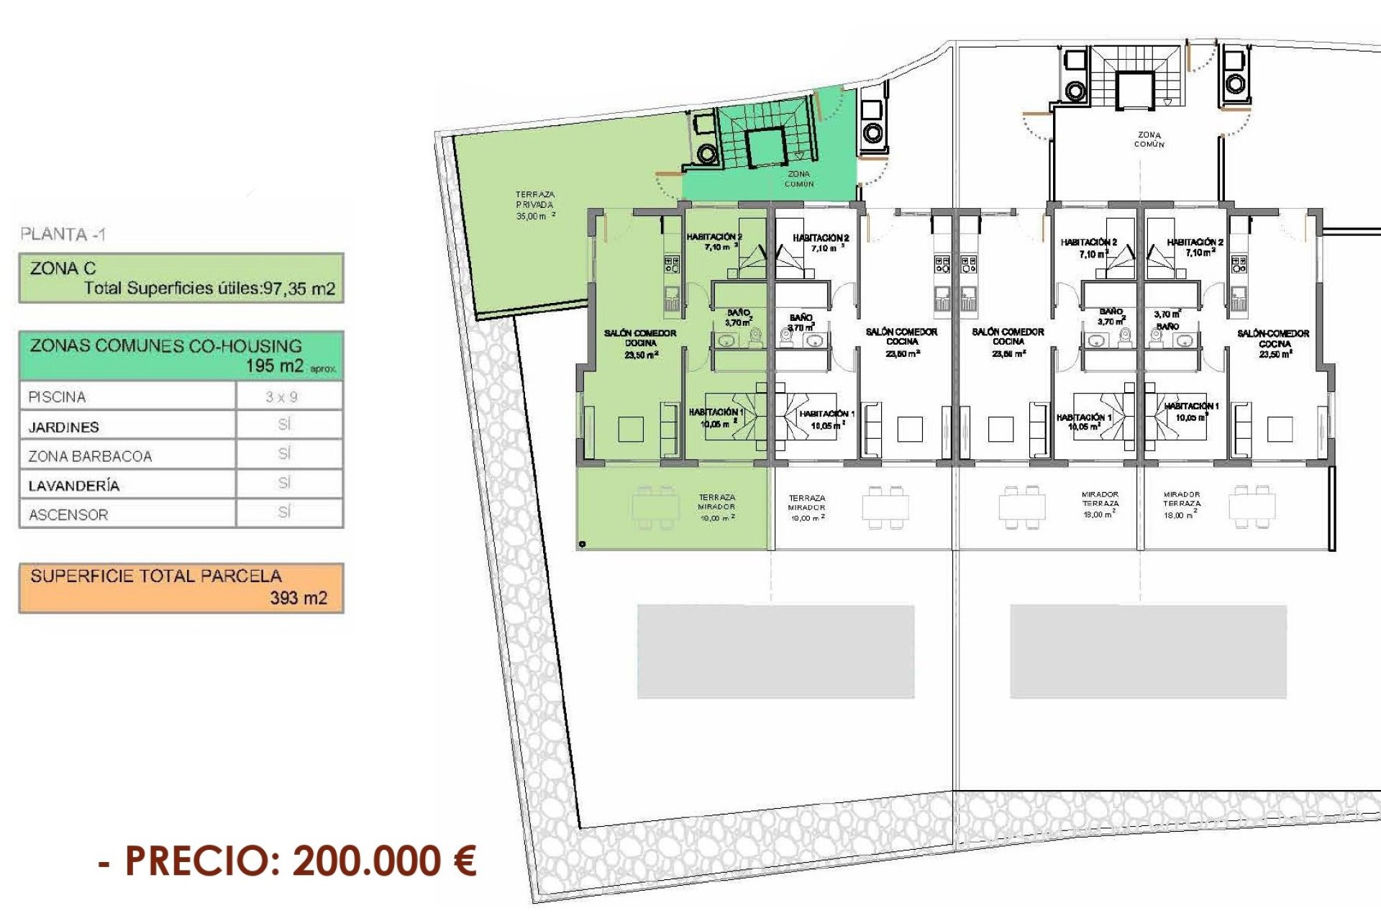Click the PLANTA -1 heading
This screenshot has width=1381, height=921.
tap(63, 234)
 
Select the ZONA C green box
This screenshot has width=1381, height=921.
tap(181, 278)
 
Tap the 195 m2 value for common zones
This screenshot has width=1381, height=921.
tap(275, 366)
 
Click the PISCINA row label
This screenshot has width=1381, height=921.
tap(57, 396)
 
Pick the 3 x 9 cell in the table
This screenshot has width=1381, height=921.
tap(281, 396)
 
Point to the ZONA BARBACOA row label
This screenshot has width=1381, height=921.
tap(90, 456)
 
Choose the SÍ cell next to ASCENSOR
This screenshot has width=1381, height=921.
tap(284, 512)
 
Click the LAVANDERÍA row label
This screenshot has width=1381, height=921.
tap(74, 486)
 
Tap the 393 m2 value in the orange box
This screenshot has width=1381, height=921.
tap(298, 598)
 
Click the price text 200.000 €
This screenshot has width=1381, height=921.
tap(385, 861)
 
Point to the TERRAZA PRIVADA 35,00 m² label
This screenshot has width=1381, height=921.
tap(535, 205)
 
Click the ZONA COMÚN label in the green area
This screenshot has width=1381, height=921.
tap(798, 178)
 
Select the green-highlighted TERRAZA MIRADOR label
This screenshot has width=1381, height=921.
tap(716, 507)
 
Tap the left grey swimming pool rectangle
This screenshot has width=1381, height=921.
tap(775, 651)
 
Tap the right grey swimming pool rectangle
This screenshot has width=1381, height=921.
tap(1148, 651)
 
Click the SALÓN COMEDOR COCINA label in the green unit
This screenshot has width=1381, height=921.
tap(640, 343)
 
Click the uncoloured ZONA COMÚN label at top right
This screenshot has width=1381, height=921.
tap(1149, 139)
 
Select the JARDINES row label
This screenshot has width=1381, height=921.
tap(63, 427)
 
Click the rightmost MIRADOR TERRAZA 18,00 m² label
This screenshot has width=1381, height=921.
tap(1182, 504)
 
